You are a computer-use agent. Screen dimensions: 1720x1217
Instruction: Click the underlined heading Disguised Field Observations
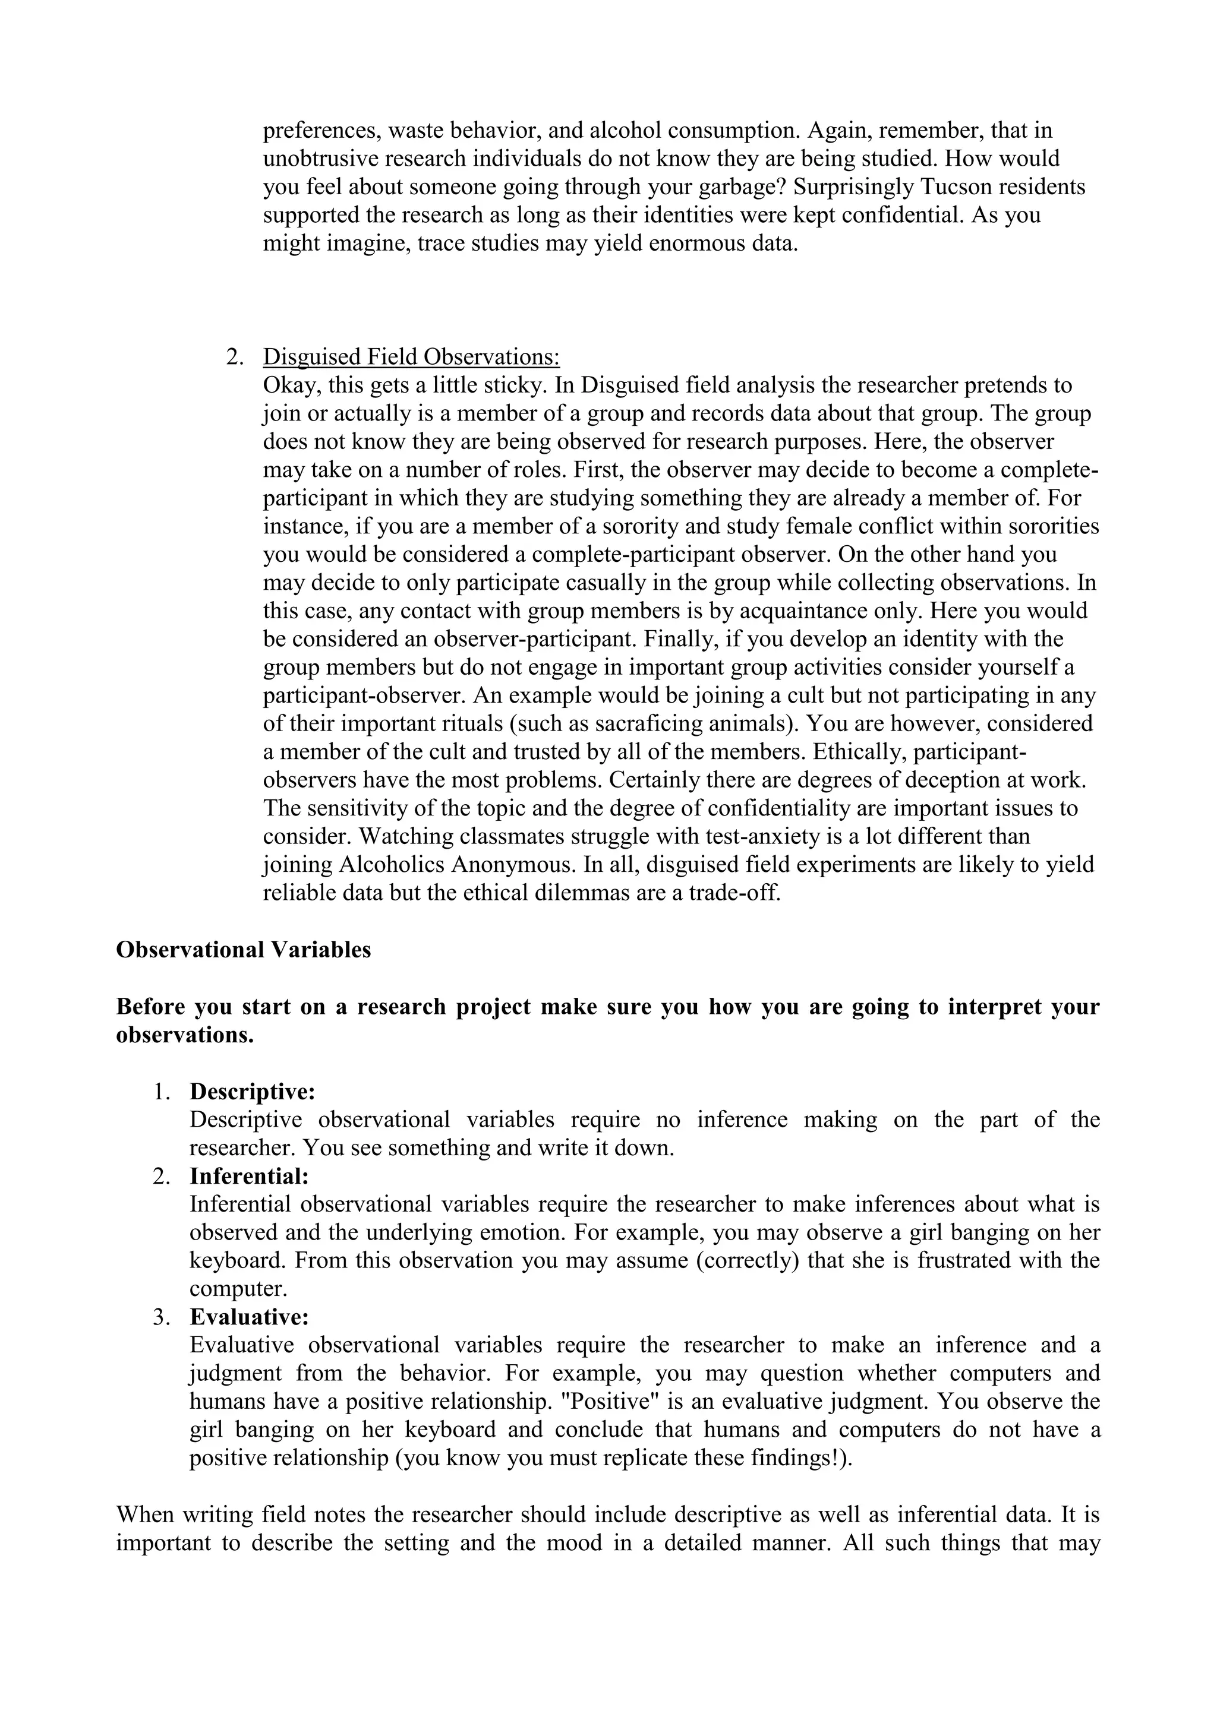(411, 356)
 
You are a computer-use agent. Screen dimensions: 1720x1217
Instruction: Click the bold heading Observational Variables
(244, 950)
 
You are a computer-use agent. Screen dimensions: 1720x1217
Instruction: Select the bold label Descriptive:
(253, 1092)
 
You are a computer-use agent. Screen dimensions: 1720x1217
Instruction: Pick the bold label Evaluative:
(250, 1317)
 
